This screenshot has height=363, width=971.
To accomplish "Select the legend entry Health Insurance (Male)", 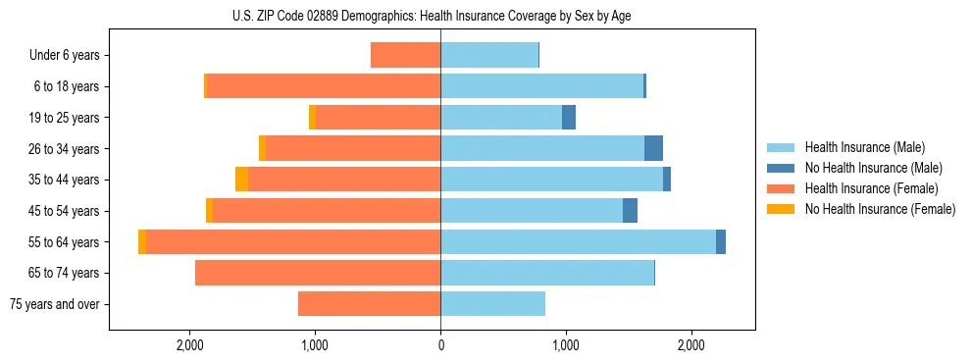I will tap(864, 147).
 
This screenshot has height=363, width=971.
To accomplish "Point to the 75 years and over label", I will tap(54, 304).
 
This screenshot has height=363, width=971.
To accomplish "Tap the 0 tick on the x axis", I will tap(440, 345).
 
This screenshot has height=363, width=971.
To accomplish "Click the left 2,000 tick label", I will tap(189, 345).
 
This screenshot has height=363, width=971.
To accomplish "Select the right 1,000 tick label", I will tap(565, 345).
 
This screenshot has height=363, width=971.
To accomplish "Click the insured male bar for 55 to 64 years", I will tap(578, 242).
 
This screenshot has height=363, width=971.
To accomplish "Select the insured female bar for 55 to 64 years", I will tap(293, 242).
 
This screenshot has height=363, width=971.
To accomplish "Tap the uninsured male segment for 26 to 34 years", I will tap(653, 148).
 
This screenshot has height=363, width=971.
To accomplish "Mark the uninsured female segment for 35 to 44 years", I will tap(241, 180).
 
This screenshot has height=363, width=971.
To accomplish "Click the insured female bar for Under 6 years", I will tap(405, 56).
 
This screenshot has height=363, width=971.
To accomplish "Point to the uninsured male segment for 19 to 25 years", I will tap(569, 118).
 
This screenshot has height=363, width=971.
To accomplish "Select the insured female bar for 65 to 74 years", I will tap(318, 273).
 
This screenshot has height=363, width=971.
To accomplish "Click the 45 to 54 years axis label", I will tap(67, 211).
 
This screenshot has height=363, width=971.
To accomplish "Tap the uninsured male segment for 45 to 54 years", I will tap(630, 211).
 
